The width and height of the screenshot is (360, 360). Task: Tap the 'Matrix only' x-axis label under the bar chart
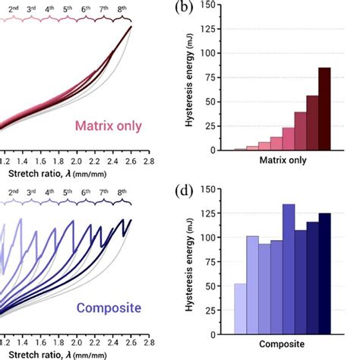coord(282,161)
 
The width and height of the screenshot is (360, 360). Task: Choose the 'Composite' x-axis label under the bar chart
coord(282,344)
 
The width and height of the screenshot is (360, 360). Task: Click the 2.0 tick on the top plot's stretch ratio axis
coord(76,162)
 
